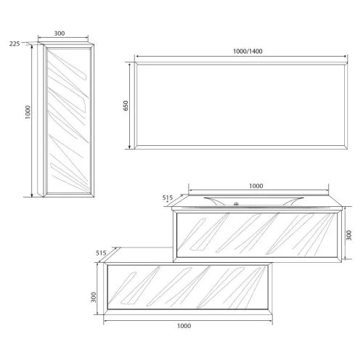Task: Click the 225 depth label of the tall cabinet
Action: (15, 44)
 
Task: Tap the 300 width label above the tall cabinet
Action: (60, 33)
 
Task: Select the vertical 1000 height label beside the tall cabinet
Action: (28, 112)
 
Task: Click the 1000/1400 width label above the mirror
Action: (248, 52)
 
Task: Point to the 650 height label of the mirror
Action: (126, 106)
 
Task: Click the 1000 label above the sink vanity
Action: (256, 186)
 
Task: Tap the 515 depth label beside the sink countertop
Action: (168, 197)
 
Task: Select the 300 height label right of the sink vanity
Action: (348, 235)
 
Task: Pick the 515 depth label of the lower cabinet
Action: (101, 253)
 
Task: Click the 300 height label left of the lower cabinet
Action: (94, 297)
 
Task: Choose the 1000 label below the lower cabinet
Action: (184, 326)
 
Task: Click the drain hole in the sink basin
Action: (236, 204)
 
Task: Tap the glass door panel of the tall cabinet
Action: (69, 121)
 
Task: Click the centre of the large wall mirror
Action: (241, 105)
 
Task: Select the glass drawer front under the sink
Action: (257, 235)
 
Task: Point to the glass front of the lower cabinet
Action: (188, 287)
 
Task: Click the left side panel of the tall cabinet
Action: (40, 120)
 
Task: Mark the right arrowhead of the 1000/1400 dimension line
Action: (345, 57)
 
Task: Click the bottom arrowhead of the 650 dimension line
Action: (129, 147)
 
